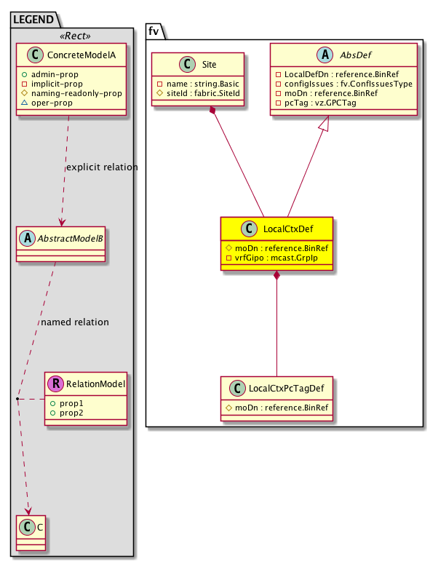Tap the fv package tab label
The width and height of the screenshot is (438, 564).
(x=156, y=30)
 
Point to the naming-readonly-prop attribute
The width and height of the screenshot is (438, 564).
(x=67, y=94)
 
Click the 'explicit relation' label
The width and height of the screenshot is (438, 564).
(x=100, y=167)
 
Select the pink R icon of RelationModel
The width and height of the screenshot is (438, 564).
(x=55, y=384)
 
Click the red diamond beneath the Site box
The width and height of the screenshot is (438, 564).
(x=212, y=111)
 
